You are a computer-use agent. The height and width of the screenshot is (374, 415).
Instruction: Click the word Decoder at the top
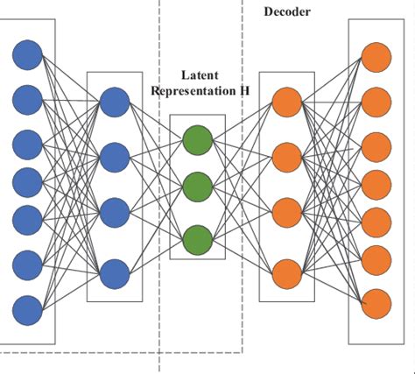pyautogui.click(x=288, y=11)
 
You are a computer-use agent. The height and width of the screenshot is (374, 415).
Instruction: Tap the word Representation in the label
pyautogui.click(x=196, y=90)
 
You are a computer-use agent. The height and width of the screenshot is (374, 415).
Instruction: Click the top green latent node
pyautogui.click(x=198, y=139)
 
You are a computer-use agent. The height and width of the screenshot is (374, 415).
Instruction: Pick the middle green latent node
pyautogui.click(x=198, y=187)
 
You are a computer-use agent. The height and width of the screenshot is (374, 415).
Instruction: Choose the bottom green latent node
pyautogui.click(x=198, y=236)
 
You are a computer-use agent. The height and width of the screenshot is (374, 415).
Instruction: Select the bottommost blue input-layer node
pyautogui.click(x=27, y=309)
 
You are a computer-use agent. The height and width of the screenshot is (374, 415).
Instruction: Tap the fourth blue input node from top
pyautogui.click(x=27, y=181)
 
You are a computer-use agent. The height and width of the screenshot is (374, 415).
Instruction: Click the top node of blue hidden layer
pyautogui.click(x=114, y=102)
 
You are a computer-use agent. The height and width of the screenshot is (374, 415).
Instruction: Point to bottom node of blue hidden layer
pyautogui.click(x=114, y=274)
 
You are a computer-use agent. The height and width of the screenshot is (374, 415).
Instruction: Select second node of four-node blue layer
pyautogui.click(x=114, y=158)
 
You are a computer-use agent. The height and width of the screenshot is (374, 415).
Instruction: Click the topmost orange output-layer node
pyautogui.click(x=377, y=59)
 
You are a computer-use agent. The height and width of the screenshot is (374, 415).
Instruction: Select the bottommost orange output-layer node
pyautogui.click(x=377, y=303)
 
